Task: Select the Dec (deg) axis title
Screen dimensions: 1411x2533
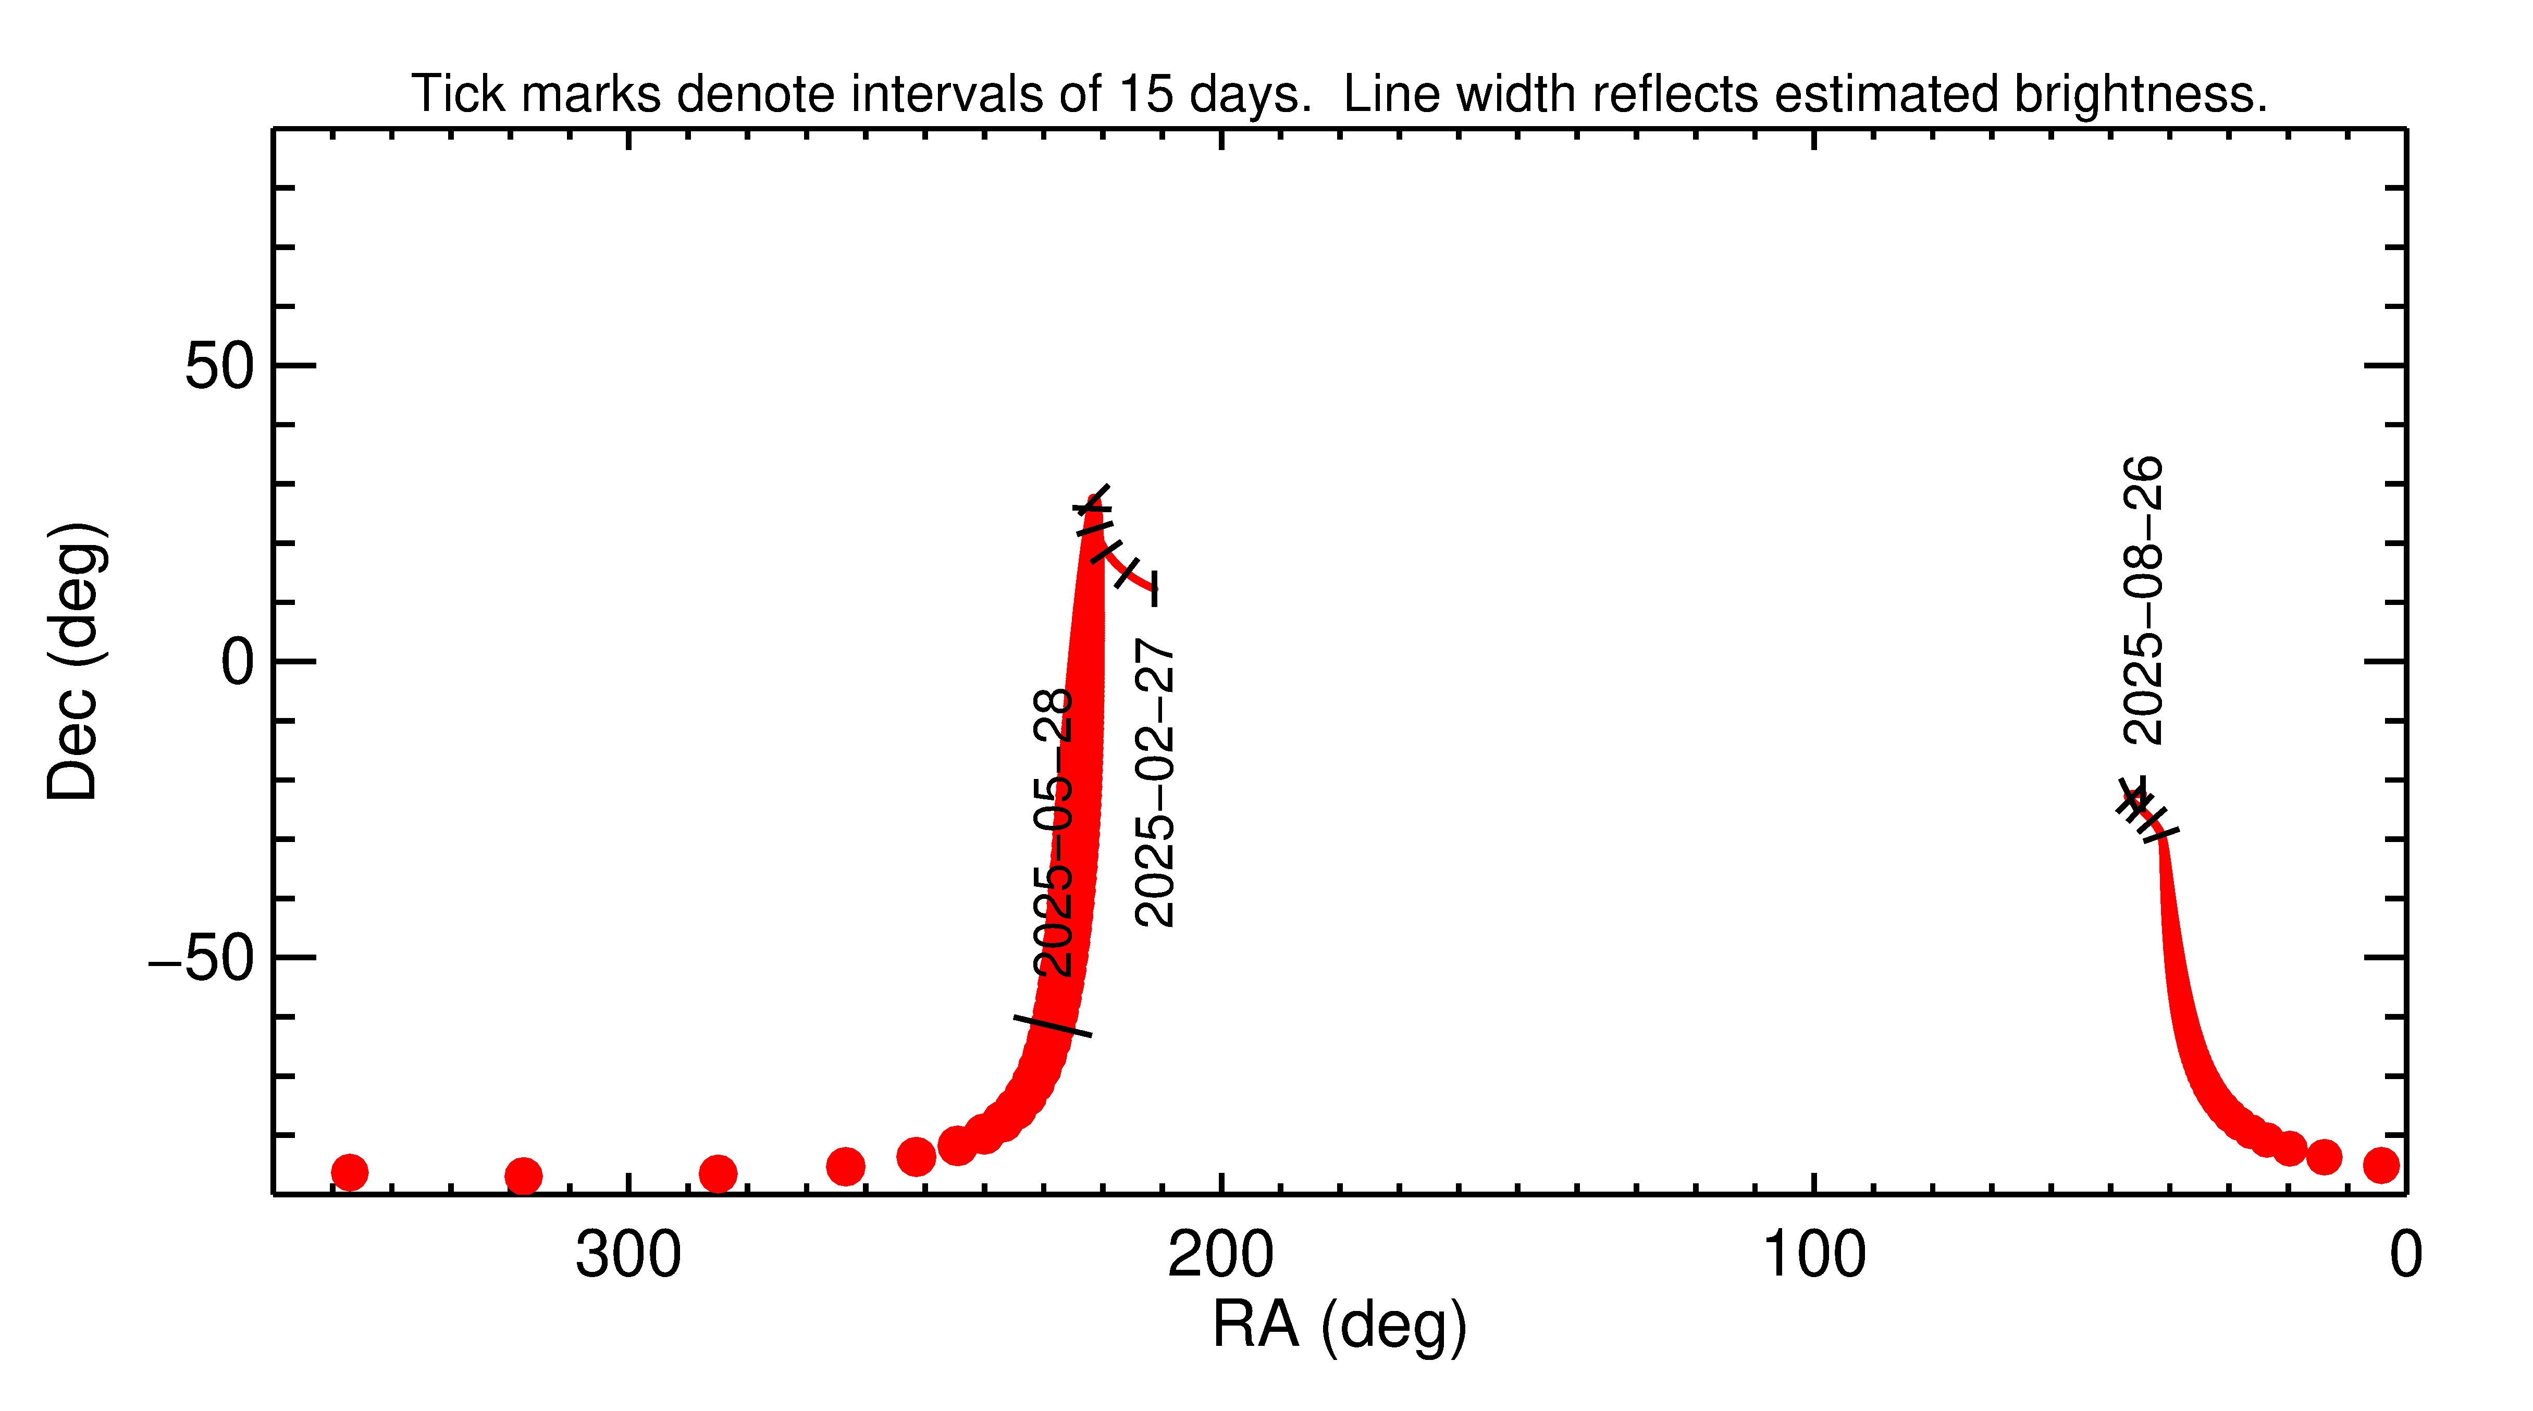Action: click(x=74, y=661)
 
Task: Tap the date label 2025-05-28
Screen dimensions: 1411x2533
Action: click(x=1053, y=833)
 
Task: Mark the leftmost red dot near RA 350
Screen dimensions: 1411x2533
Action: click(x=349, y=1172)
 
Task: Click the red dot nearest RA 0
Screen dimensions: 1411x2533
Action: click(x=2381, y=1165)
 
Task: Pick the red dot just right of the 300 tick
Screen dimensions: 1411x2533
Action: click(x=718, y=1173)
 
